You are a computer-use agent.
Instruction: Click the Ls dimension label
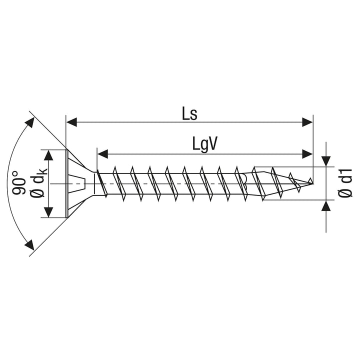pos(189,114)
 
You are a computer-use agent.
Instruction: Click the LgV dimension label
pos(204,144)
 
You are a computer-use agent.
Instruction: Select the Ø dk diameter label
pos(38,183)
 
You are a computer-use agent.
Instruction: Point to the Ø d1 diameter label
pos(345,183)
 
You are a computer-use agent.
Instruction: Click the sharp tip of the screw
pos(312,183)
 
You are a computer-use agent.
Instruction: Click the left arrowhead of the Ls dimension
pos(71,122)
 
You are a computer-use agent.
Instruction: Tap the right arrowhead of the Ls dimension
pos(307,122)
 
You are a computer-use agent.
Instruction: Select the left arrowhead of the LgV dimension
pos(102,154)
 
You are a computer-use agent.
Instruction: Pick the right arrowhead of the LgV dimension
pos(307,154)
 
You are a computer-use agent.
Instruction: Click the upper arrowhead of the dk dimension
pos(48,155)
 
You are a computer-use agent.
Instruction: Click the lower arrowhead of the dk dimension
pos(48,212)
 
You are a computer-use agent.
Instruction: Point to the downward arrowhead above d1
pos(326,161)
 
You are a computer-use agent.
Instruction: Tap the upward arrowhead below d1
pos(326,205)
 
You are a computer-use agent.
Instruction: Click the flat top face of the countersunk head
pos(67,183)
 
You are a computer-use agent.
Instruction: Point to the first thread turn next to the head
pos(101,183)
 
